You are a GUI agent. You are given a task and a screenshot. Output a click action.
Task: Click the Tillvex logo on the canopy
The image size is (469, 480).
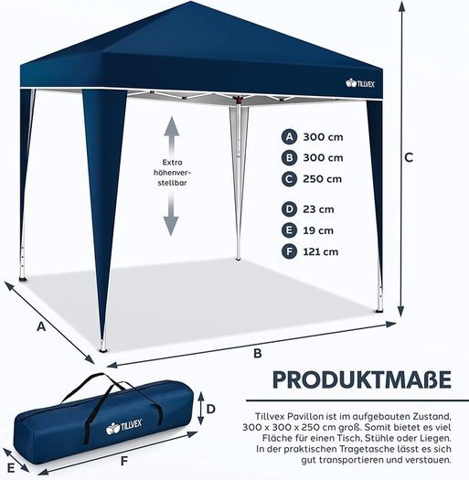pyautogui.click(x=360, y=83)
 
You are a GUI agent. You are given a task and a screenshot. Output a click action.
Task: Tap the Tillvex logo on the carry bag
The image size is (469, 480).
pyautogui.click(x=123, y=426)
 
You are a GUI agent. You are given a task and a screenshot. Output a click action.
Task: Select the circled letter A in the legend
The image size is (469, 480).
pyautogui.click(x=289, y=137)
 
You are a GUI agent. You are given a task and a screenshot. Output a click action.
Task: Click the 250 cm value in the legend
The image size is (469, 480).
pyautogui.click(x=323, y=179)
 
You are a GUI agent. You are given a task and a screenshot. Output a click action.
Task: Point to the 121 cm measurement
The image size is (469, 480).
pyautogui.click(x=321, y=251)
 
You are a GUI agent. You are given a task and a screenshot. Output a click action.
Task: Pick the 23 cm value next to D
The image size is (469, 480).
pyautogui.click(x=318, y=209)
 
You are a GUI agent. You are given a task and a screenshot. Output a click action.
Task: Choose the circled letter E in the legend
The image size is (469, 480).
pyautogui.click(x=289, y=230)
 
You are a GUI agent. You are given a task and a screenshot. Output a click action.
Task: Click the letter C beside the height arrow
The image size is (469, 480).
pyautogui.click(x=409, y=157)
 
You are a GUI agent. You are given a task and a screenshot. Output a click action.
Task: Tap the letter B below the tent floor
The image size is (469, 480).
pyautogui.click(x=258, y=353)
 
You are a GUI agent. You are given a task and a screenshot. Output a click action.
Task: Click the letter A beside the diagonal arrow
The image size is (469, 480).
pyautogui.click(x=41, y=326)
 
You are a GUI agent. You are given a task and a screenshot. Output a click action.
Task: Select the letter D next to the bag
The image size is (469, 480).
pyautogui.click(x=211, y=409)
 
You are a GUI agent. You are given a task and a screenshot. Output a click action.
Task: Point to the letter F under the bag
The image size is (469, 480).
pyautogui.click(x=124, y=461)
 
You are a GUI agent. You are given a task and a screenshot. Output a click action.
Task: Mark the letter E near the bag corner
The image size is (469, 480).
pyautogui.click(x=11, y=468)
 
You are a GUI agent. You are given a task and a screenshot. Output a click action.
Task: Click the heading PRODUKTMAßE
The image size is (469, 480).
pyautogui.click(x=362, y=380)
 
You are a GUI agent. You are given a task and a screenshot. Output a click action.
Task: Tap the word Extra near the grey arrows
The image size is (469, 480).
pyautogui.click(x=172, y=162)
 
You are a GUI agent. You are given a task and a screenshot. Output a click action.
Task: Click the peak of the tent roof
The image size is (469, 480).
pyautogui.click(x=190, y=2)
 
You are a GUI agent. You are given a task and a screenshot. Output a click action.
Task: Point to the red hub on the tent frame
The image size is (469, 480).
pyautogui.click(x=239, y=100)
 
